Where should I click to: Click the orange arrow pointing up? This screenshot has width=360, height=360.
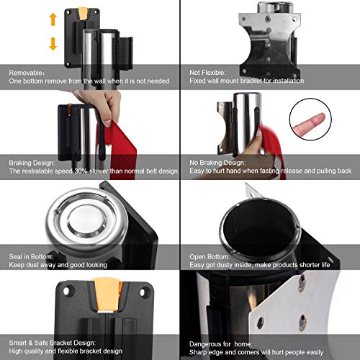click(x=53, y=17)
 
